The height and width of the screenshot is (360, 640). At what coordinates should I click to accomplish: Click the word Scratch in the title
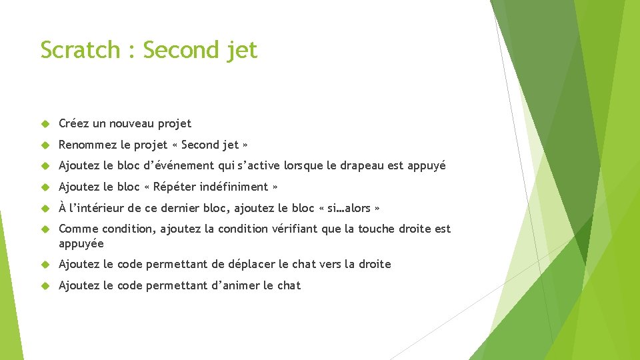[x=80, y=50]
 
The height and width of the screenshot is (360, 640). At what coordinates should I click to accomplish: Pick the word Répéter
[x=177, y=187]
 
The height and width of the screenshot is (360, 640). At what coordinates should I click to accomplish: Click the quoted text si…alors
[x=349, y=208]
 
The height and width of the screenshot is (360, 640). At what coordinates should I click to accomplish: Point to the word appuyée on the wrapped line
[x=81, y=244]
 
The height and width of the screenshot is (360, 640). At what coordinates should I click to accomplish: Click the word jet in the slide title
[x=241, y=50]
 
